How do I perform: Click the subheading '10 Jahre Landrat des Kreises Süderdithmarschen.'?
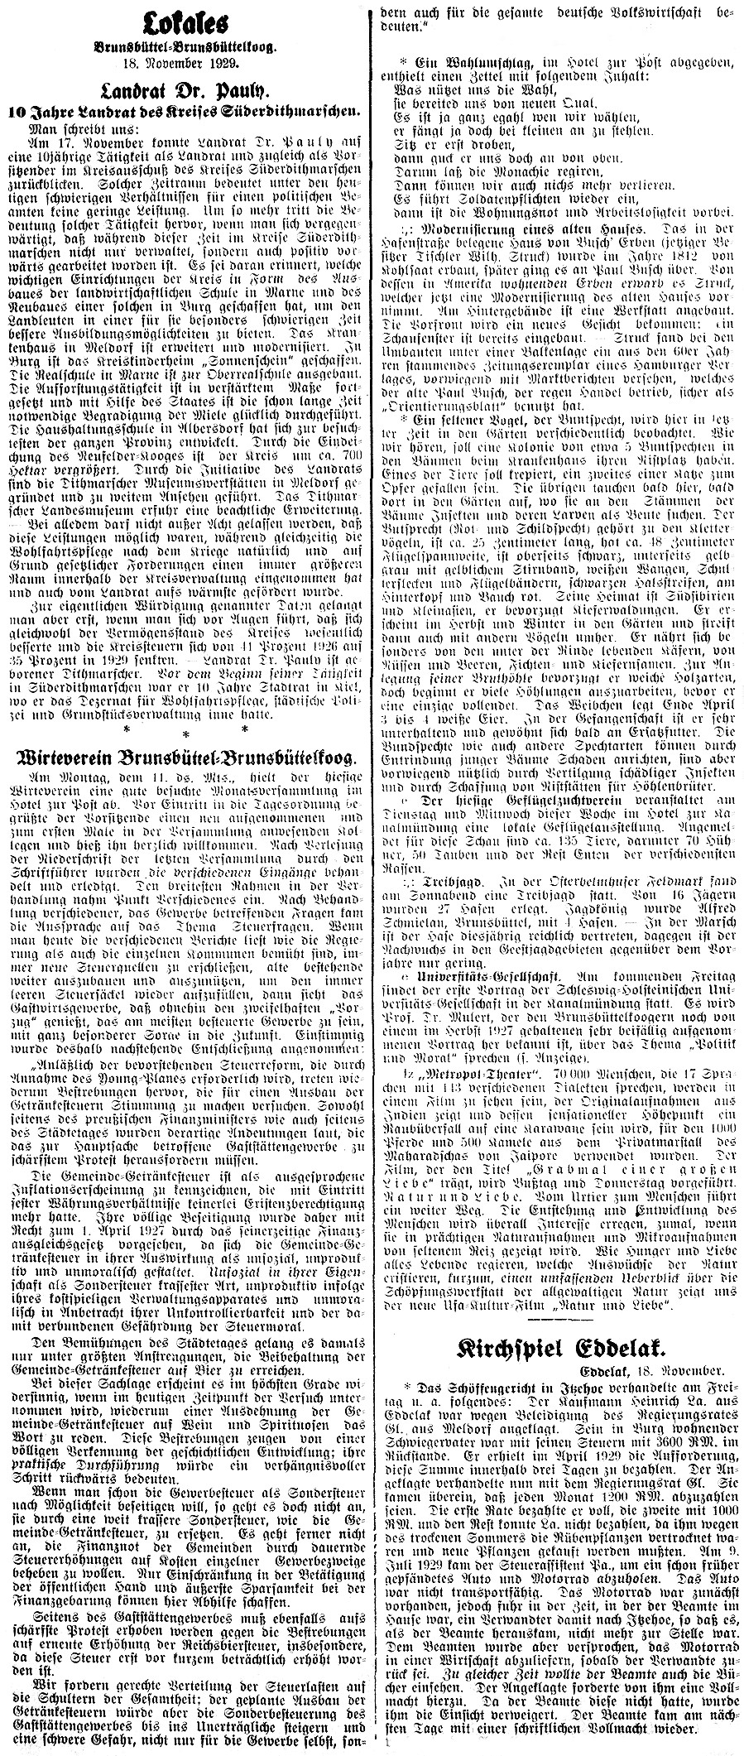[185, 110]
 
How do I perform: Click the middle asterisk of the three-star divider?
[185, 730]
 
